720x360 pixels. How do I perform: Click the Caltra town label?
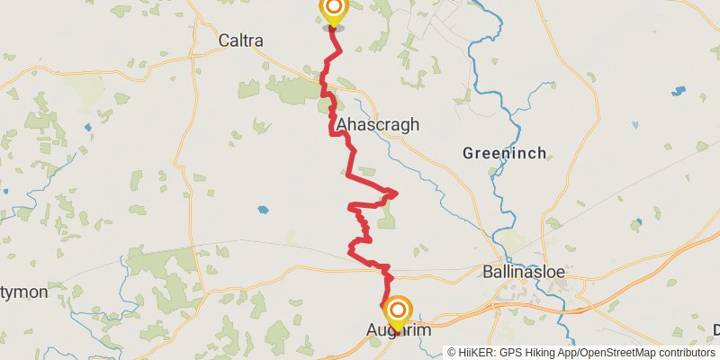(240, 40)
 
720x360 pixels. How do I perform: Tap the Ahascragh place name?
(377, 125)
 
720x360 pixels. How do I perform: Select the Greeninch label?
(504, 154)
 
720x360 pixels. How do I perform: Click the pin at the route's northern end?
(333, 11)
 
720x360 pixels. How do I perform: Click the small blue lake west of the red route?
(262, 210)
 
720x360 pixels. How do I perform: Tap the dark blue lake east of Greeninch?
(678, 92)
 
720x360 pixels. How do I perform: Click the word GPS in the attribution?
(509, 353)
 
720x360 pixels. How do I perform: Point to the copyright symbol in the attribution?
(452, 353)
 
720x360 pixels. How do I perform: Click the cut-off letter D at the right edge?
(716, 330)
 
